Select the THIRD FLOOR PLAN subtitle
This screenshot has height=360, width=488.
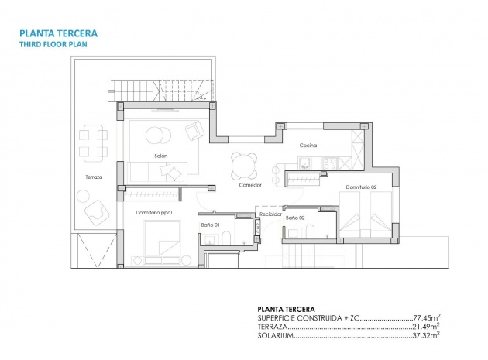tap(53, 46)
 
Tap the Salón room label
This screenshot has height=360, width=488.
tap(161, 156)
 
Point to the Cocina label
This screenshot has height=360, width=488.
tap(309, 145)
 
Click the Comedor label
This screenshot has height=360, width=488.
tap(250, 185)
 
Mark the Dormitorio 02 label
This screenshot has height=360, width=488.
tap(361, 187)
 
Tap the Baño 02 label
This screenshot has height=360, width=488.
tap(294, 218)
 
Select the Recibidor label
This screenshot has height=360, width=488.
tap(248, 213)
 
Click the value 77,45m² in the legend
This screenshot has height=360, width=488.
tap(424, 317)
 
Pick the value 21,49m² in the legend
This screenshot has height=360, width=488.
tap(424, 326)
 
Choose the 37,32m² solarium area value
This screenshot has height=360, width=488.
tap(424, 335)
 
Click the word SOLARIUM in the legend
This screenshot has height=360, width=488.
tap(276, 336)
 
